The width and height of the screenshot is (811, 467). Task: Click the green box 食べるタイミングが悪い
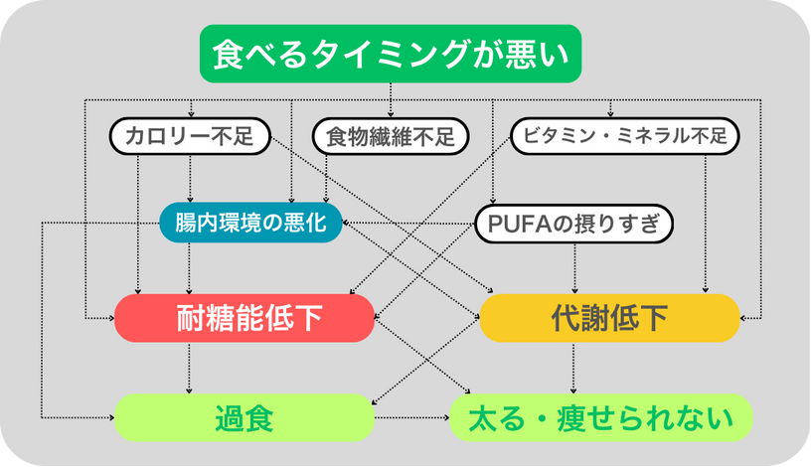391,54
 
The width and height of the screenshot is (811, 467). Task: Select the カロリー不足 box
190,136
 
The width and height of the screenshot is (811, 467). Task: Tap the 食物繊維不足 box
391,136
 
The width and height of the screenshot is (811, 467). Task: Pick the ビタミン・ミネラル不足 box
625,136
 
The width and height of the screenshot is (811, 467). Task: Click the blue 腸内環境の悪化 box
250,223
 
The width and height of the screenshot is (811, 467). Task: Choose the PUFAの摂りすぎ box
573,224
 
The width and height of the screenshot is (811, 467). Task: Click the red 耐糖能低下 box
244,318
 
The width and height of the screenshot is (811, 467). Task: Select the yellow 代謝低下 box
610,318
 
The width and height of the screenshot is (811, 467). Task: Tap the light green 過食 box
244,418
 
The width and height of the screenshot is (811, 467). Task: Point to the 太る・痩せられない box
601,418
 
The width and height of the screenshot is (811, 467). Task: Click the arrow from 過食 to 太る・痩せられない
412,417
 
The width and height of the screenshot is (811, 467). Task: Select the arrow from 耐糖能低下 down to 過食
189,368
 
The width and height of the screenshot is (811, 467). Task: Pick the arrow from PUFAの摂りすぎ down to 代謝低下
574,269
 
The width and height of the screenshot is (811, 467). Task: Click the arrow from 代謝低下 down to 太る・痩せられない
573,368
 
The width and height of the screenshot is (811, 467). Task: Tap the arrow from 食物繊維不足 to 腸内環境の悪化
326,179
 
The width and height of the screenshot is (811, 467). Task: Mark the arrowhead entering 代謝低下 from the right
743,318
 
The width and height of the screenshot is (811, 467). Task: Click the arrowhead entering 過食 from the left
111,417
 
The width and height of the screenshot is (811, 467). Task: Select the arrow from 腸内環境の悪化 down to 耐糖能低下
189,268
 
